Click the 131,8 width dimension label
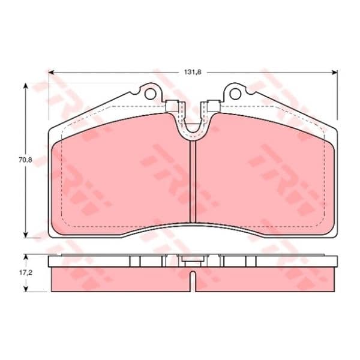193,72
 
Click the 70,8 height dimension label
25,160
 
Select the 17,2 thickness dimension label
25,273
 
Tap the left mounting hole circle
150,94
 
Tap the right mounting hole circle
235,94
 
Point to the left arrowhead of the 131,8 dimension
51,73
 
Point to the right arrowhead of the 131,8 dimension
335,73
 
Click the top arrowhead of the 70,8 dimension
26,86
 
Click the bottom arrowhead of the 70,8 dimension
26,235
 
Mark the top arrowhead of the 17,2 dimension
26,256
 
